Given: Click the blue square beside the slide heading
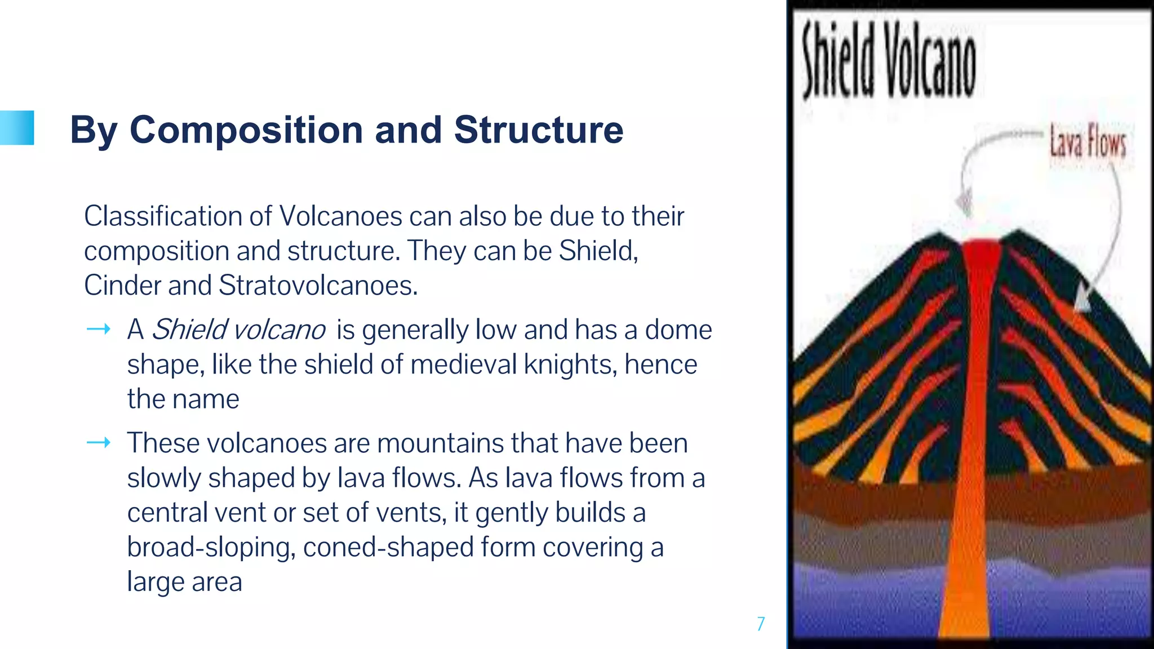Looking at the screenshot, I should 17,128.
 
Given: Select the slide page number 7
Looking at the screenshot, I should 761,624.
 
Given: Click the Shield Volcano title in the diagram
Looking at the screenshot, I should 889,60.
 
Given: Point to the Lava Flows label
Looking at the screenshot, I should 1087,142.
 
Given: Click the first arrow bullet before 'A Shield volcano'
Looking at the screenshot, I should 98,329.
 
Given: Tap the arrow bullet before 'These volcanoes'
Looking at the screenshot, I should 98,443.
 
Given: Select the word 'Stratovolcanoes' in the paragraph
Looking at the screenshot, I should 318,285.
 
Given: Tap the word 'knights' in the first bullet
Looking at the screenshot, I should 570,364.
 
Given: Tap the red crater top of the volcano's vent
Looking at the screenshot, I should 982,248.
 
